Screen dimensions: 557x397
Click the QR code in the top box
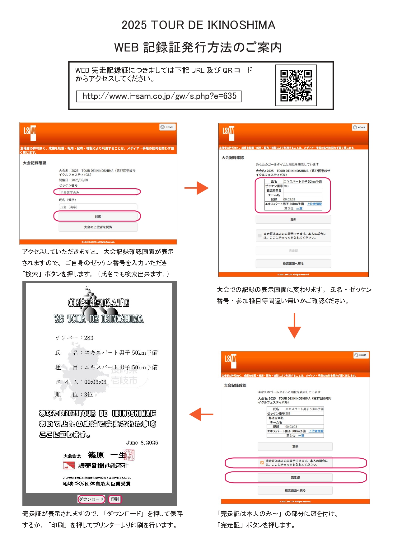tap(296, 86)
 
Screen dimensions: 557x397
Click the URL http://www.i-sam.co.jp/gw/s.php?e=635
tap(159, 96)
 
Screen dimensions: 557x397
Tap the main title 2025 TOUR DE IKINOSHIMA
tap(198, 25)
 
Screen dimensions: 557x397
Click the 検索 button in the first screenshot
tap(98, 216)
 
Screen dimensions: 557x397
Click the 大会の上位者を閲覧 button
tap(98, 227)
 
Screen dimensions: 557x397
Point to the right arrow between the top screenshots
tap(196, 188)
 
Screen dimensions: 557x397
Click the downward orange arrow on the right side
tap(294, 326)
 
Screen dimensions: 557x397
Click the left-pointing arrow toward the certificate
tap(201, 414)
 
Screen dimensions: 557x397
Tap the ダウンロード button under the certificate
tap(91, 499)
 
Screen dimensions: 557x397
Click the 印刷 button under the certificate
tap(115, 499)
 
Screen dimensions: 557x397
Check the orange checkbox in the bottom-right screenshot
tap(262, 462)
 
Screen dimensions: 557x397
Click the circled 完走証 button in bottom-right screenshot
tap(295, 477)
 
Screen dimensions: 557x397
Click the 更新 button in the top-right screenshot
tap(293, 219)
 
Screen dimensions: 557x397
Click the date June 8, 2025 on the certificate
tap(142, 442)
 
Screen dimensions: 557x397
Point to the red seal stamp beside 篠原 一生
tap(129, 455)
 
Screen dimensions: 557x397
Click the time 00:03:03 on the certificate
tap(95, 382)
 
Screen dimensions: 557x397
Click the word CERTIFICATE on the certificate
tap(98, 302)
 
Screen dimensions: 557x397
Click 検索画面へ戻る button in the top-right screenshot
tap(293, 264)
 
